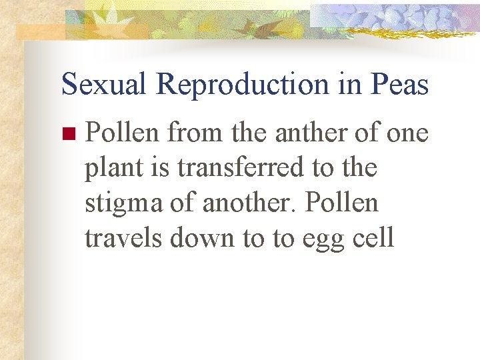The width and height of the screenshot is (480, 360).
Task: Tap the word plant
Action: coord(110,169)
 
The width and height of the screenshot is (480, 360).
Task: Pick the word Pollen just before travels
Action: coord(341,203)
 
